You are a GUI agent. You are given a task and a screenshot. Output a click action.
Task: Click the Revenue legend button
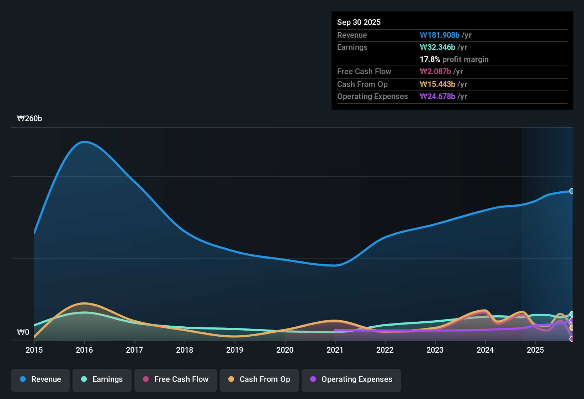click(41, 379)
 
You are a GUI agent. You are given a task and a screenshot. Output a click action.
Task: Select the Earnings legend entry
click(102, 379)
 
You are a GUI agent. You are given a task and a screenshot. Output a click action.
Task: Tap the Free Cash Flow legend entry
click(176, 379)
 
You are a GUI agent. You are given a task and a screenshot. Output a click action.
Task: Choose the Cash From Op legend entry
click(259, 379)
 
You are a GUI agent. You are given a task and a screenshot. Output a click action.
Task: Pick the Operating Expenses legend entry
click(351, 379)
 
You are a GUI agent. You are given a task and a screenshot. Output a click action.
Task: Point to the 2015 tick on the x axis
click(34, 350)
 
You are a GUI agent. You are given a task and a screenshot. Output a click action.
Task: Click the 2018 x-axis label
click(185, 350)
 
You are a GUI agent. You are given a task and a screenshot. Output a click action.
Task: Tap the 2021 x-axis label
click(335, 350)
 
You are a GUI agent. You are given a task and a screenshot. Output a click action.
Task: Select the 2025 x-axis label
click(535, 350)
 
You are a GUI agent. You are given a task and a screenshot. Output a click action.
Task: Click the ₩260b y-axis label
click(30, 119)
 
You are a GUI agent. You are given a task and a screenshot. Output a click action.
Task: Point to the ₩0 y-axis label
click(23, 332)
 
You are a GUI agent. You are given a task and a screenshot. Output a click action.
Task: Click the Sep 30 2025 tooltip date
click(359, 22)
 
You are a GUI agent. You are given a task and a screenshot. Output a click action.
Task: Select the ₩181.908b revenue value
click(440, 35)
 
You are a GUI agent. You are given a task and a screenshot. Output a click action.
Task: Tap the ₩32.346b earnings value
click(437, 47)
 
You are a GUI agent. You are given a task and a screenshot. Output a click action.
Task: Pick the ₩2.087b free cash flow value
click(435, 71)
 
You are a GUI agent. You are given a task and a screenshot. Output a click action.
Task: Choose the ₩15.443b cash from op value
click(437, 84)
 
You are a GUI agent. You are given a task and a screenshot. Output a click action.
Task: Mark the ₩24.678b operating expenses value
click(437, 96)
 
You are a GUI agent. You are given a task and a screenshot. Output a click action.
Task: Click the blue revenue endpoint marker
click(572, 191)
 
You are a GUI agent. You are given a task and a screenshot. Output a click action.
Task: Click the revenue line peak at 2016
click(84, 142)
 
